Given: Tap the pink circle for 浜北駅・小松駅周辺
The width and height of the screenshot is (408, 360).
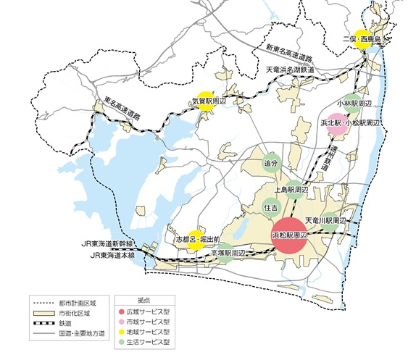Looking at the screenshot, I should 337,124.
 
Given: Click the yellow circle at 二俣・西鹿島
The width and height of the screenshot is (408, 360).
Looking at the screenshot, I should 364,41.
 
